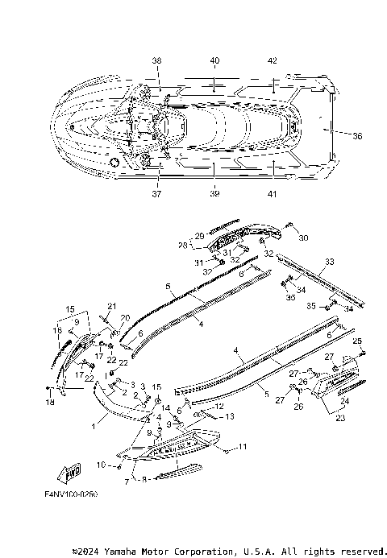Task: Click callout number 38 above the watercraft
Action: click(156, 60)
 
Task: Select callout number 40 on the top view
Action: click(214, 60)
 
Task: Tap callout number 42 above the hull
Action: click(273, 60)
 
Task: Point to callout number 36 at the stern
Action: click(358, 136)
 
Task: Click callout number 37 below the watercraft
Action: click(156, 194)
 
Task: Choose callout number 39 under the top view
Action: click(214, 194)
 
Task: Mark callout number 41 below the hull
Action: click(273, 194)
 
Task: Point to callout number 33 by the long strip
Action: click(329, 262)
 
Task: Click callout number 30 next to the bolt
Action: click(303, 238)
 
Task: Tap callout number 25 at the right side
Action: click(357, 342)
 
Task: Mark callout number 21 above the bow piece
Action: click(112, 305)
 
